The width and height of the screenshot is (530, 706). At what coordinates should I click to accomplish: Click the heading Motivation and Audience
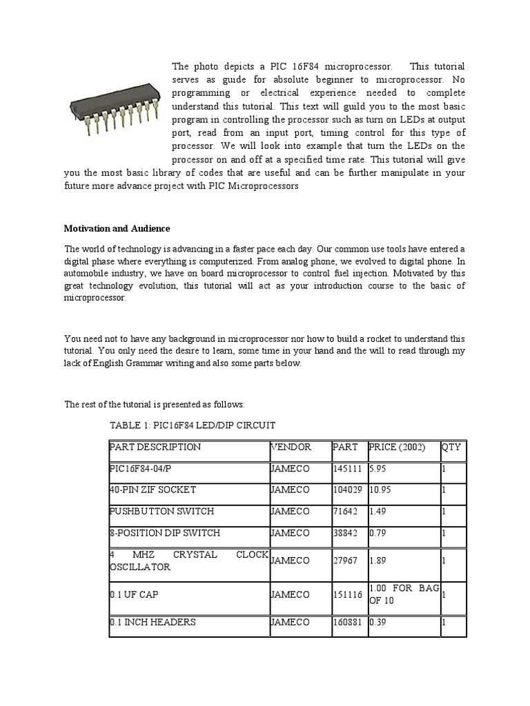(117, 228)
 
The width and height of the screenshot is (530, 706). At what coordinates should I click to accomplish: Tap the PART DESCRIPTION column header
(155, 447)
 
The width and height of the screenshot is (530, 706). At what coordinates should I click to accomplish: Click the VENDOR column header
(291, 447)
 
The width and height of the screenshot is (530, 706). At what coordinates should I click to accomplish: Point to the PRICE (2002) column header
(397, 447)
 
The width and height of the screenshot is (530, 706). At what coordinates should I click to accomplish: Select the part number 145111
(346, 468)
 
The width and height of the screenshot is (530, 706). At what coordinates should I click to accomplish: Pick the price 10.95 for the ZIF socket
(381, 490)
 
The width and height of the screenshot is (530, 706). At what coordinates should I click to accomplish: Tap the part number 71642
(344, 512)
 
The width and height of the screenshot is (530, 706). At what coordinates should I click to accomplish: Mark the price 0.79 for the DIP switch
(378, 533)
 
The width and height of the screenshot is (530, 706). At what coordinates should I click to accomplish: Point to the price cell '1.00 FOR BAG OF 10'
(403, 594)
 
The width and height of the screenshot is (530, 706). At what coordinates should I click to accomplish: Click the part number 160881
(346, 622)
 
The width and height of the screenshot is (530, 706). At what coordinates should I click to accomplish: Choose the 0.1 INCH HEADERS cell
(153, 622)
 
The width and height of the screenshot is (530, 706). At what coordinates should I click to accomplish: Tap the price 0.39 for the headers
(378, 622)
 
